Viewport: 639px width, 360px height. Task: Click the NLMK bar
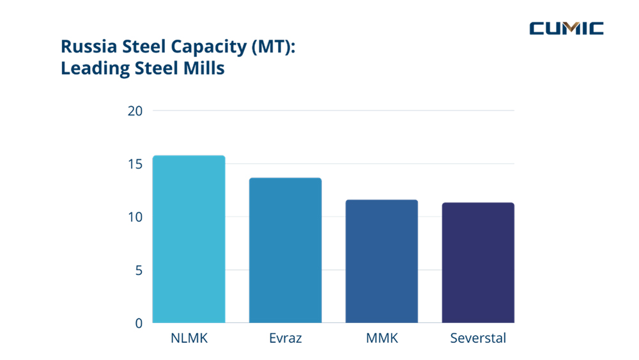tap(189, 239)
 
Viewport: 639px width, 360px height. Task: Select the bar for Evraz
tap(286, 250)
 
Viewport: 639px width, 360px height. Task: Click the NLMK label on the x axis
tap(189, 338)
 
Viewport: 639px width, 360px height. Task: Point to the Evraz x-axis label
tap(286, 338)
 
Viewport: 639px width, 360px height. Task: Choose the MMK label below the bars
tap(381, 338)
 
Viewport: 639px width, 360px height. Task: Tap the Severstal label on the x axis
tap(478, 338)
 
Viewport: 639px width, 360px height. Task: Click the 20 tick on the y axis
tap(134, 111)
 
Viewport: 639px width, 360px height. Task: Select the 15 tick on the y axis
tap(134, 164)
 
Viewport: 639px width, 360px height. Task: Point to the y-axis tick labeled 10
tap(134, 217)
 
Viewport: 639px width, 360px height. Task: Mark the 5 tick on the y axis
tap(138, 270)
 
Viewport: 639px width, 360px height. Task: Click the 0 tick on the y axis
tap(138, 323)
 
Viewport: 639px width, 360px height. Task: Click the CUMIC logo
tap(566, 28)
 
